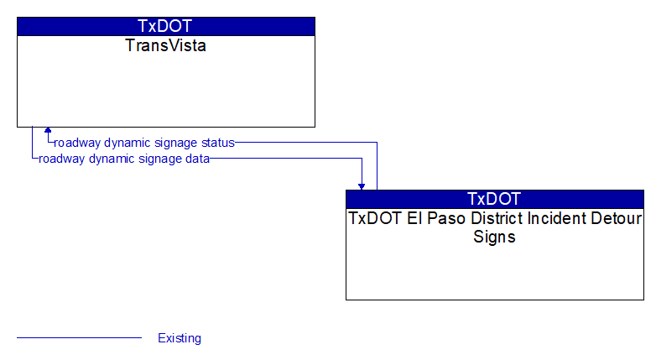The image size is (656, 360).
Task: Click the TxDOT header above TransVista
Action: (x=164, y=26)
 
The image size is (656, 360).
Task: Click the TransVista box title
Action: (x=165, y=45)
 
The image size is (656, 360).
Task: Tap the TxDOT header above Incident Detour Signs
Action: (x=494, y=199)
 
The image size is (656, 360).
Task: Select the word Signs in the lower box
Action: (x=494, y=237)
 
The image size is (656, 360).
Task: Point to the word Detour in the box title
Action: (x=616, y=218)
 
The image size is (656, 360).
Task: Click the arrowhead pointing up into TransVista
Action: (x=48, y=130)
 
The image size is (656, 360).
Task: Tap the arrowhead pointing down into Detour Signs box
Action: (x=362, y=186)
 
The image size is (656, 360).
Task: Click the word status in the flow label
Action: (x=218, y=143)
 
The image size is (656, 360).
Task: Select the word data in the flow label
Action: (x=197, y=159)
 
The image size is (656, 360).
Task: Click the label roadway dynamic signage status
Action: (x=144, y=143)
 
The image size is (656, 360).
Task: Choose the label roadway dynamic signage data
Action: (x=124, y=159)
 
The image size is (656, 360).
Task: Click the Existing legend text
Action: (x=180, y=338)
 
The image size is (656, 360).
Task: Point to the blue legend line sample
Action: (x=79, y=337)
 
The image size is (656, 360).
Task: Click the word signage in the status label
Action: (x=177, y=143)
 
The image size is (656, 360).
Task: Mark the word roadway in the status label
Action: (x=77, y=143)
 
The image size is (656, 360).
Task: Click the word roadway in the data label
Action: (x=62, y=159)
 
